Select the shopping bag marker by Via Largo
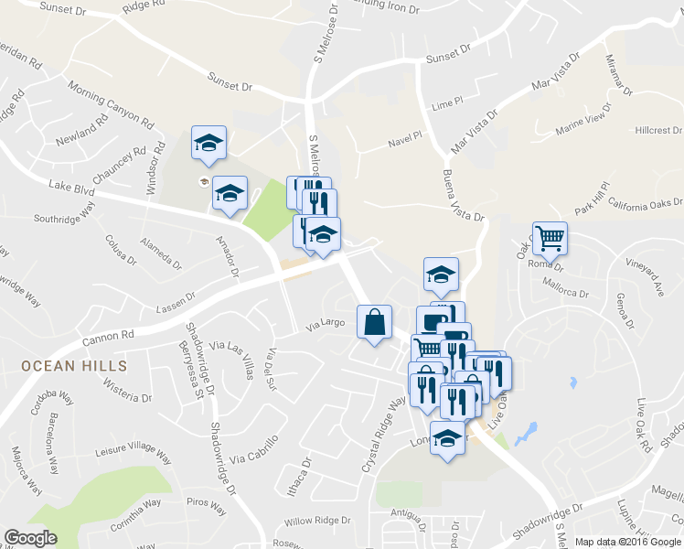tap(374, 322)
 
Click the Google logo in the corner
tap(30, 538)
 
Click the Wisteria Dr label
tap(127, 396)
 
